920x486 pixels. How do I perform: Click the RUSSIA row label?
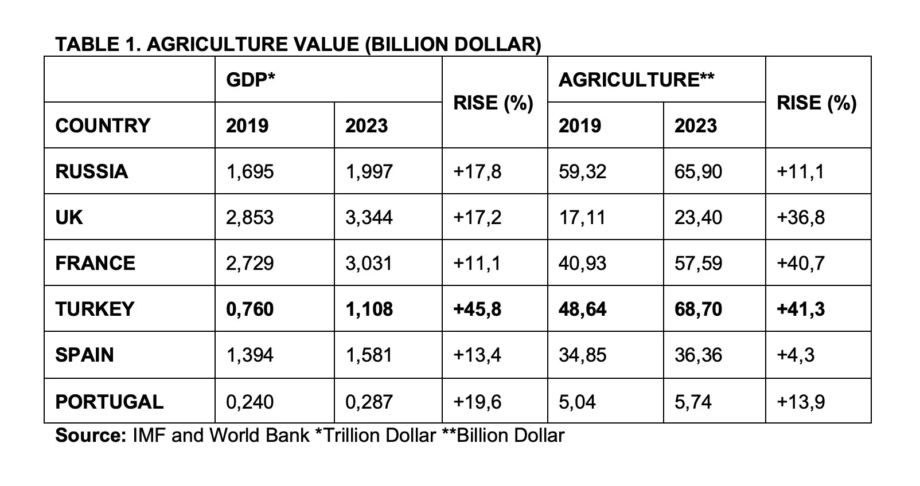pos(92,171)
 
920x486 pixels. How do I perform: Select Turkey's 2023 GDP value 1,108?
pos(369,309)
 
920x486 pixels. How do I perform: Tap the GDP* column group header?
pos(251,80)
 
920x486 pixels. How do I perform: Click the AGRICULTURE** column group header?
pos(636,80)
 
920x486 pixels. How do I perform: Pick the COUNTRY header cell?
pos(103,126)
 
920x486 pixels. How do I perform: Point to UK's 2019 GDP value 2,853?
pos(250,218)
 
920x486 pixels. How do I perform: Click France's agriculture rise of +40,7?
pos(801,264)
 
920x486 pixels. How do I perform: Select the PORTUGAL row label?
pos(109,402)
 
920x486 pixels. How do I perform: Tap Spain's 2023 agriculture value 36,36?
pos(698,355)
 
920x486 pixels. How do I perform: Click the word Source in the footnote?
pos(91,436)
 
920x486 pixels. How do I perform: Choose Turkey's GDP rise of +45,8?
pos(477,309)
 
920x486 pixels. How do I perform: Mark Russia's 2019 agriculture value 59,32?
pos(582,171)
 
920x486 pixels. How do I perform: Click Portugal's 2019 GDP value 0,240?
pos(250,402)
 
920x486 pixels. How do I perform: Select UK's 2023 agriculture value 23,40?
pos(698,218)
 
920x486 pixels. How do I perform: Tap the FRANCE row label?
pos(95,264)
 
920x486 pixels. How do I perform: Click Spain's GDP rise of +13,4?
pos(477,355)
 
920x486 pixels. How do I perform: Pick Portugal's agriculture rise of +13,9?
pos(801,402)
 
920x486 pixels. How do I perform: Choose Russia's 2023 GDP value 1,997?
pos(369,171)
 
